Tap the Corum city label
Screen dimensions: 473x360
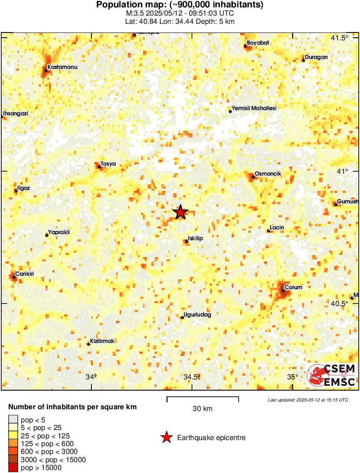[293, 287]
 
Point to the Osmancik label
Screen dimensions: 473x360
[268, 174]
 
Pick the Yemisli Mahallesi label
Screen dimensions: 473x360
[254, 108]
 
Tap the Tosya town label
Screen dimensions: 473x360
[108, 163]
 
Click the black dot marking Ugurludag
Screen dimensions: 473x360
[182, 318]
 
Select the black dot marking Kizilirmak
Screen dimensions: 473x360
[88, 344]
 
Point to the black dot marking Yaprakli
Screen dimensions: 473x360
[47, 235]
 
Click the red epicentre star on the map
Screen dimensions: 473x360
[180, 212]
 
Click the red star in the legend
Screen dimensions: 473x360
[166, 438]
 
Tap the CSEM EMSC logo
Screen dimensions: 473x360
[331, 375]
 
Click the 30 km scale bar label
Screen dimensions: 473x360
[202, 408]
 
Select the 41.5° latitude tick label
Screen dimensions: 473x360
[339, 38]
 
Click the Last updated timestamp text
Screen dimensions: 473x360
[308, 400]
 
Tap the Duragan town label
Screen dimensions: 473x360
[316, 57]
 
